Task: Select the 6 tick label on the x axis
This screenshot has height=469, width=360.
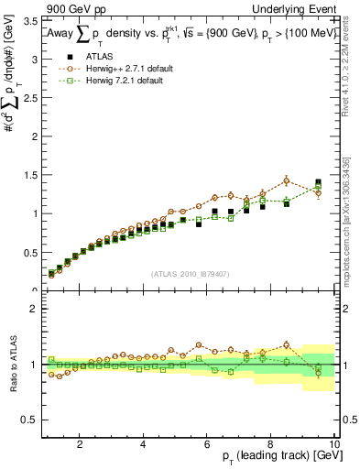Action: (207, 444)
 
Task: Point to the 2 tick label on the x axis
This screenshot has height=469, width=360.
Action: (81, 444)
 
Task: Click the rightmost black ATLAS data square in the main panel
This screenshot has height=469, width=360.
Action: (318, 182)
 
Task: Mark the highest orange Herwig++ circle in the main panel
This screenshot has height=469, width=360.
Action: (286, 180)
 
